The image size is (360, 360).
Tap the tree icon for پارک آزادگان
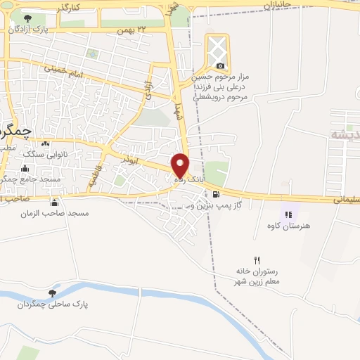(27, 18)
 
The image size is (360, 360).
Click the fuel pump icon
(215, 195)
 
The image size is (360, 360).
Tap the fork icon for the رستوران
(257, 260)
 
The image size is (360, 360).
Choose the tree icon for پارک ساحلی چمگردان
(53, 292)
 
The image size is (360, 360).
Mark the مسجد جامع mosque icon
(25, 168)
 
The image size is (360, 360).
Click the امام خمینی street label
(63, 70)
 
